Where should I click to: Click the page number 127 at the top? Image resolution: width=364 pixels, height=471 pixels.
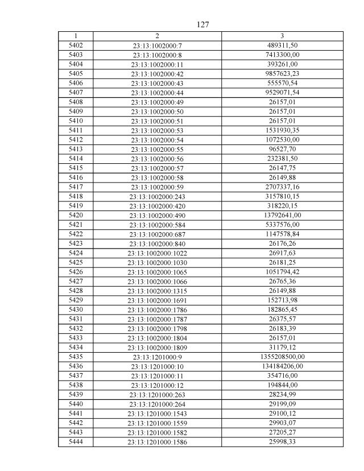(x=203, y=24)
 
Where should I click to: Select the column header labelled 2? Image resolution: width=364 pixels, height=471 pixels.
(x=157, y=36)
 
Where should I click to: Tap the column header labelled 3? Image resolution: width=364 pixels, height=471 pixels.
(x=282, y=36)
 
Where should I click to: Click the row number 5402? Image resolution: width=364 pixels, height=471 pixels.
(x=76, y=45)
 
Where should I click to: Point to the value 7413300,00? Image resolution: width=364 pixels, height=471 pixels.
(x=282, y=55)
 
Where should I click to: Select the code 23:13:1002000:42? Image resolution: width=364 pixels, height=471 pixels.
(x=157, y=74)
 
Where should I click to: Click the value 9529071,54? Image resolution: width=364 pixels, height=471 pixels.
(x=282, y=92)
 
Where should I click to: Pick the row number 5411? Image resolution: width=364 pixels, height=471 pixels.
(x=76, y=130)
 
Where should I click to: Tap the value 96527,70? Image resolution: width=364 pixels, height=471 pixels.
(x=282, y=149)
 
